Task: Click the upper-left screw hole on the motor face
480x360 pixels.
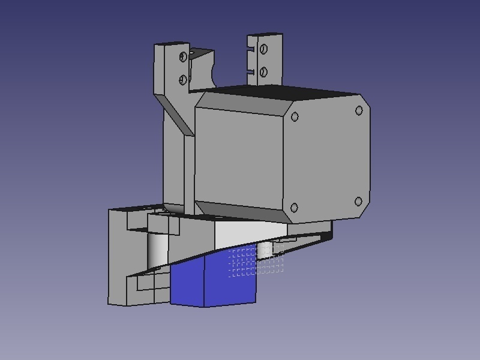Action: coord(295,118)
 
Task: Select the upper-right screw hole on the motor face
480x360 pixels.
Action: coord(359,110)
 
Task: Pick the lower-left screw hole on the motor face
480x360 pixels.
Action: coord(294,208)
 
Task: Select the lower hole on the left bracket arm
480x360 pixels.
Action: coord(183,79)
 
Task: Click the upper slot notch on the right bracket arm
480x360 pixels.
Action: coord(251,49)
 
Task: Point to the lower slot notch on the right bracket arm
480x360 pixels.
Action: coord(251,71)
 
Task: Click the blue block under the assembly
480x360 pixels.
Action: coord(210,282)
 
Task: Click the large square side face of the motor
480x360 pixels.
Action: coord(239,153)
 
